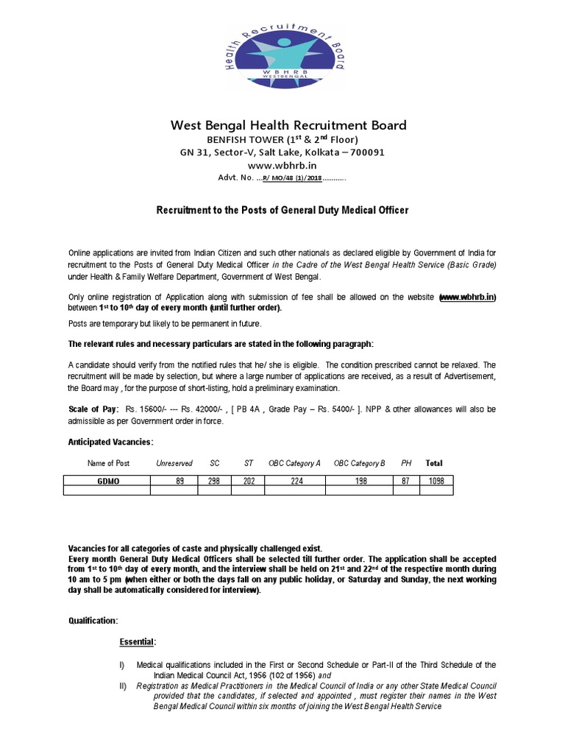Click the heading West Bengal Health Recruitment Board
point(288,125)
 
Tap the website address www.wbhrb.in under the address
point(282,166)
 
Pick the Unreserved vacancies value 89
point(174,480)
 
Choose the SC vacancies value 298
point(214,480)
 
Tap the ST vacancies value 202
point(248,480)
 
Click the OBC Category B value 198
point(359,480)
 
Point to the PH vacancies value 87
point(406,480)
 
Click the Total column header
point(434,463)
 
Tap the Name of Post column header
point(108,463)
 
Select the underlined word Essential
point(138,642)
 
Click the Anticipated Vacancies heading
point(110,442)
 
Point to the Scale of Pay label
point(93,408)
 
